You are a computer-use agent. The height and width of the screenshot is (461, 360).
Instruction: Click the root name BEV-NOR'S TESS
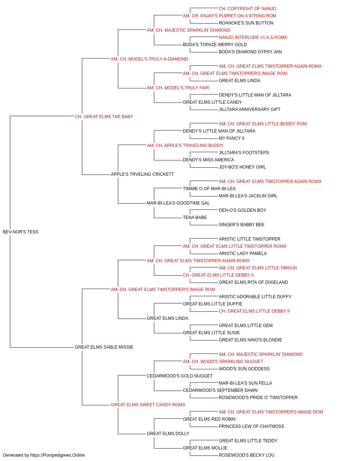tap(21, 232)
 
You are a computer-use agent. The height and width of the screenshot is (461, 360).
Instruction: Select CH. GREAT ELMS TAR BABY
tap(104, 117)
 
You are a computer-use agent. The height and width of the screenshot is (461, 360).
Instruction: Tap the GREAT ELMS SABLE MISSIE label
tap(104, 347)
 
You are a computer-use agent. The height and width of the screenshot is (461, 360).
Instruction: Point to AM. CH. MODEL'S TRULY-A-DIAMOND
tap(149, 59)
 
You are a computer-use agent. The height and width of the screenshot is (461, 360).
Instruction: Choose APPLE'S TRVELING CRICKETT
tap(142, 174)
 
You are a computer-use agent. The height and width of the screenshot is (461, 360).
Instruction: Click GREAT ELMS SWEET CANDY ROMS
tap(148, 405)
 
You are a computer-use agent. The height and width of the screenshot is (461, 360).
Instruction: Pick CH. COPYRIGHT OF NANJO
tap(247, 9)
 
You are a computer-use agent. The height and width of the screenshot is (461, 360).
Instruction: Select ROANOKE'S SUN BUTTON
tap(246, 23)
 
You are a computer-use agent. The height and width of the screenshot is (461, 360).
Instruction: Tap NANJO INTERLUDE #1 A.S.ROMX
tap(253, 37)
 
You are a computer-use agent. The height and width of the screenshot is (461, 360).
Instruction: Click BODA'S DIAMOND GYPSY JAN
tap(250, 52)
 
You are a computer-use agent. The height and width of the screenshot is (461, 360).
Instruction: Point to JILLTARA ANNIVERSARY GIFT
tap(249, 109)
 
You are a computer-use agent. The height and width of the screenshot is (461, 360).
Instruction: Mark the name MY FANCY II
tap(231, 138)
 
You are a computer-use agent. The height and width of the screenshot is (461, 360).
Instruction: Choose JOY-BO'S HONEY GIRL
tap(242, 167)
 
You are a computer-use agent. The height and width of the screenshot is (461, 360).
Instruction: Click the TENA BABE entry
tap(195, 218)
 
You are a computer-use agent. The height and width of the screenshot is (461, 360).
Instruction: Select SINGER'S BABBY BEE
tap(242, 225)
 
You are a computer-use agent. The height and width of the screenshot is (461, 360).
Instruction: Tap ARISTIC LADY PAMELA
tap(243, 254)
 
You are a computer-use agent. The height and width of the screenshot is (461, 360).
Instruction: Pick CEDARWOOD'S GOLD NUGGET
tap(180, 376)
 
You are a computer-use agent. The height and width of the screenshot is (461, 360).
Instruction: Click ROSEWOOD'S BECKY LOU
tap(247, 455)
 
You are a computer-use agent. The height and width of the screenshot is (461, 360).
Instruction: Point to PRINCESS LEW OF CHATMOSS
tap(251, 426)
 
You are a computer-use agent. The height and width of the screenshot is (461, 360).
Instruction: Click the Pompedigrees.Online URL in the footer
tap(58, 455)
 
